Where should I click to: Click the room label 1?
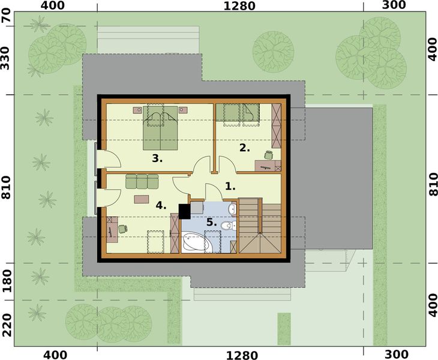click(230, 186)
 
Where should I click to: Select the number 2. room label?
click(244, 147)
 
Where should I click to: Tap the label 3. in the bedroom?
click(158, 158)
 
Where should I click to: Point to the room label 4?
click(161, 205)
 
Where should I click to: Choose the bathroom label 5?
click(211, 222)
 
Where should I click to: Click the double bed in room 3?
click(161, 128)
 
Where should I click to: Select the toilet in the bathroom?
click(226, 226)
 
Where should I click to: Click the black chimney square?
click(185, 211)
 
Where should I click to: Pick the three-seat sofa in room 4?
click(142, 181)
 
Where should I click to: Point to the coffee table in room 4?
click(142, 198)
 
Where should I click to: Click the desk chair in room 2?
click(268, 155)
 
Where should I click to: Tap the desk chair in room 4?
click(122, 228)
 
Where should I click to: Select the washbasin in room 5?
click(232, 209)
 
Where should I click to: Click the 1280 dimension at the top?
click(239, 7)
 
